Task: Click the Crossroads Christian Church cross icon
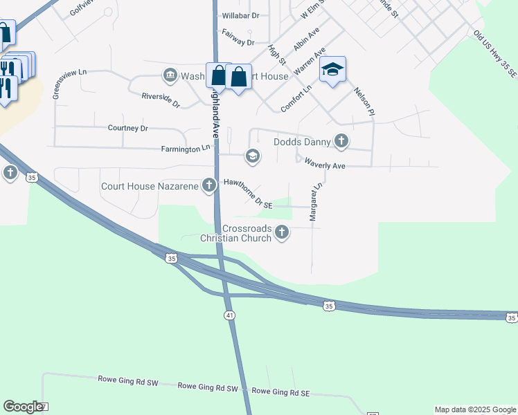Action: [282, 232]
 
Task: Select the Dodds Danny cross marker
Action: [341, 141]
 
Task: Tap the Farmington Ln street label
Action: [185, 148]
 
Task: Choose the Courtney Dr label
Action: [128, 128]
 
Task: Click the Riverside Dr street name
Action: [161, 100]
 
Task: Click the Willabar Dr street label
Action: [240, 15]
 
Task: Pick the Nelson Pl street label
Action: [364, 101]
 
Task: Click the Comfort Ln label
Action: [296, 98]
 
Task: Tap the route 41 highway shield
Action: [229, 315]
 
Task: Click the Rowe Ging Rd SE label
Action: [280, 392]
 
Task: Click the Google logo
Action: [23, 407]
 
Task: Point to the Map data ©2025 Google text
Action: [475, 409]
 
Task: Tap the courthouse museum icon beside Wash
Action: [170, 75]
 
